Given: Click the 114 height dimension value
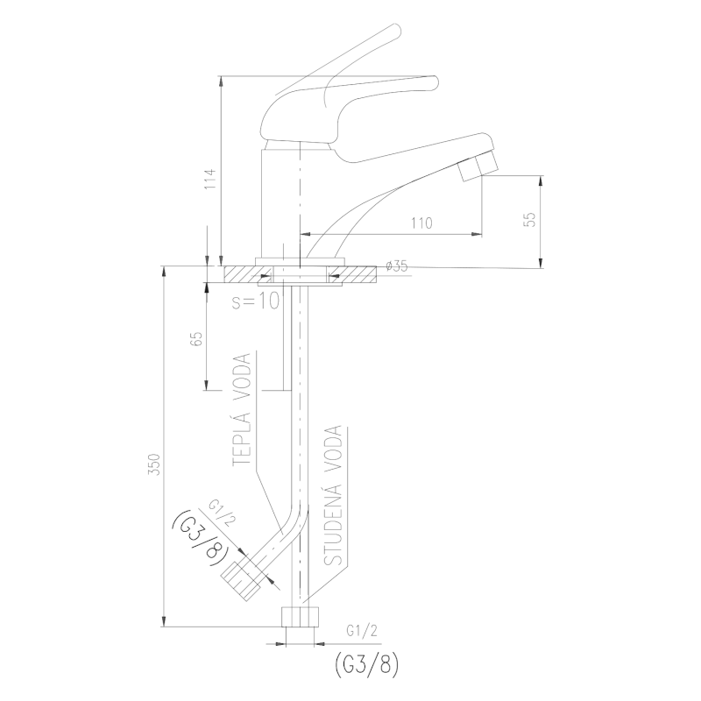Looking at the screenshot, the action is [210, 179].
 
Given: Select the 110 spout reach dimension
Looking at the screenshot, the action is [421, 223].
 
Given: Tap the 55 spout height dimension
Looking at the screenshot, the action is [530, 218].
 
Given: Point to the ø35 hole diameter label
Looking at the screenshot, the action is [397, 266].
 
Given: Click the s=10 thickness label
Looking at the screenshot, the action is [255, 301].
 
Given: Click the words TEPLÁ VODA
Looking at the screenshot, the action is [242, 410].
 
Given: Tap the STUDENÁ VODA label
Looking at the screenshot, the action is [332, 496].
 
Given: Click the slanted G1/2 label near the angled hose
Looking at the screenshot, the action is [222, 513].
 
